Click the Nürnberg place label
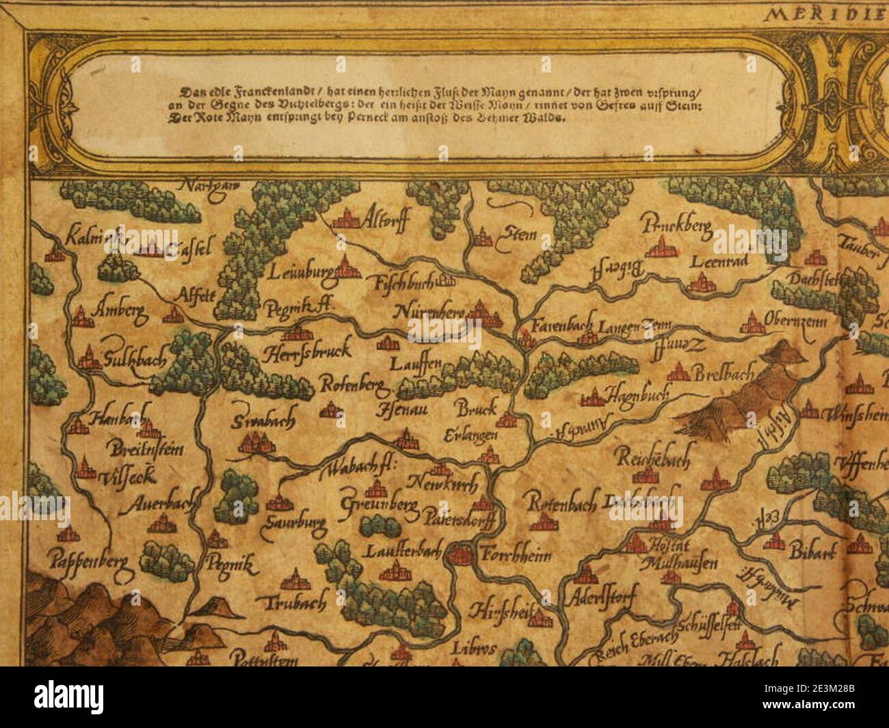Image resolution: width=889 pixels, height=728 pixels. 430,312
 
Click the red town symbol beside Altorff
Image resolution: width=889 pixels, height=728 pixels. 347,218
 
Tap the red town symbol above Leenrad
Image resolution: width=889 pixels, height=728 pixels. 661,247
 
